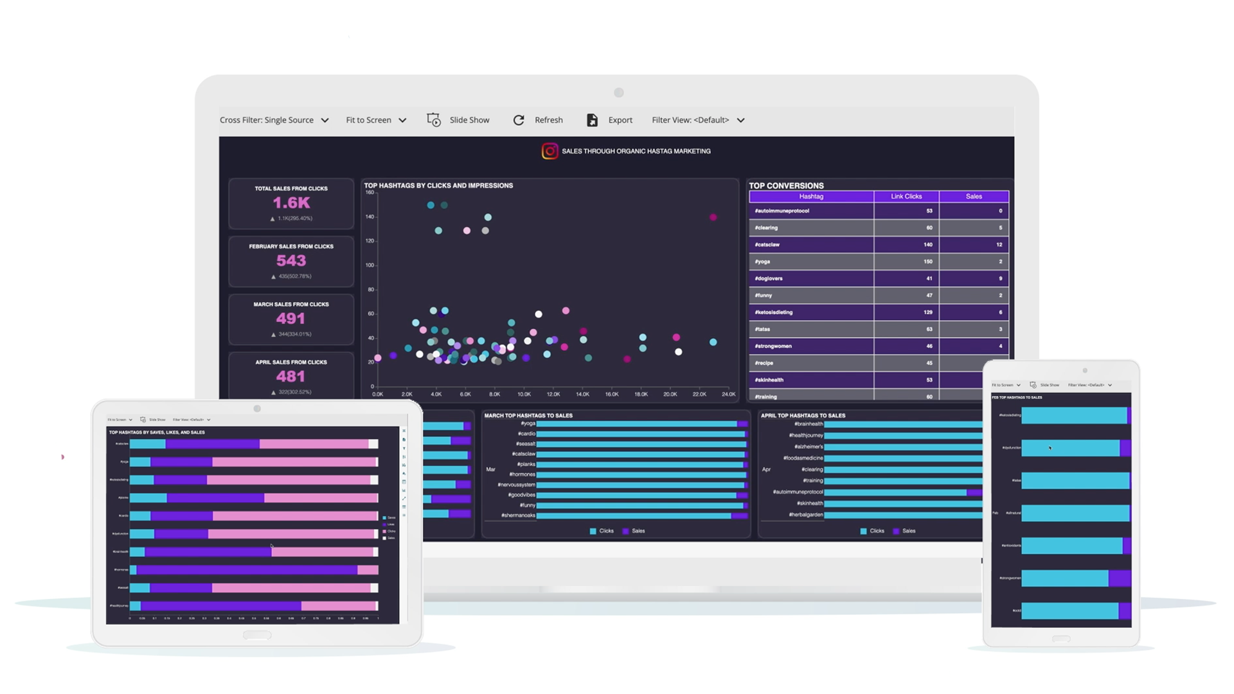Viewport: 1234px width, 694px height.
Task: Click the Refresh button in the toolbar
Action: (x=539, y=120)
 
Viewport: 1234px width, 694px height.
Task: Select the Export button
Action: (x=610, y=120)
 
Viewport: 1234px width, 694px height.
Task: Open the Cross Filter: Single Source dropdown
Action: (x=274, y=120)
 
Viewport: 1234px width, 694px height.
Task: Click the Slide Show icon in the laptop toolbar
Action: (x=434, y=120)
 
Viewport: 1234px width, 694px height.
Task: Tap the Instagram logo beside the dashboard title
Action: (x=550, y=151)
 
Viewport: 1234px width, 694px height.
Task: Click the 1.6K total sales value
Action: (x=291, y=203)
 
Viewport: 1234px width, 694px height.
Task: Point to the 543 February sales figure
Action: (x=291, y=261)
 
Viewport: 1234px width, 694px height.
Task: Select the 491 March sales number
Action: (x=291, y=319)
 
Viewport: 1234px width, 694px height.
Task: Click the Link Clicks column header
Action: (x=906, y=197)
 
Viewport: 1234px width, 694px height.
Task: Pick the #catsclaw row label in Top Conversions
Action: (x=767, y=245)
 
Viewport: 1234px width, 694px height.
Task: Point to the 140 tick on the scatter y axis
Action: (x=370, y=217)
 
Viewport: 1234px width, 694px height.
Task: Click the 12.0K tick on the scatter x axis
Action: (x=553, y=394)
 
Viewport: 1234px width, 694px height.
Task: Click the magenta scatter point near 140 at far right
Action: (x=713, y=217)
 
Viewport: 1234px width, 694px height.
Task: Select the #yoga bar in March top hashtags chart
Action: (x=636, y=424)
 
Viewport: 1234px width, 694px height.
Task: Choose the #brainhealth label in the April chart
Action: (x=809, y=424)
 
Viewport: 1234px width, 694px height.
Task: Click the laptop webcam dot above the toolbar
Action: (x=619, y=93)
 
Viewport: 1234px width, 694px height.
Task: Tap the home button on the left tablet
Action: (x=257, y=635)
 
